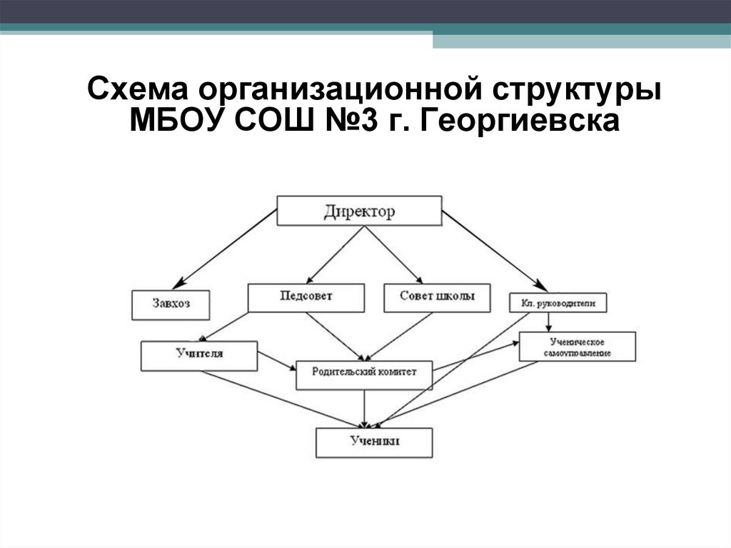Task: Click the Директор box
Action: (359, 211)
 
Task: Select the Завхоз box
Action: (171, 304)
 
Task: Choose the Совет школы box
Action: (437, 297)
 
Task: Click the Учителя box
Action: (199, 355)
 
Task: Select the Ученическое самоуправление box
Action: (577, 347)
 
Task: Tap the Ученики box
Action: (375, 442)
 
